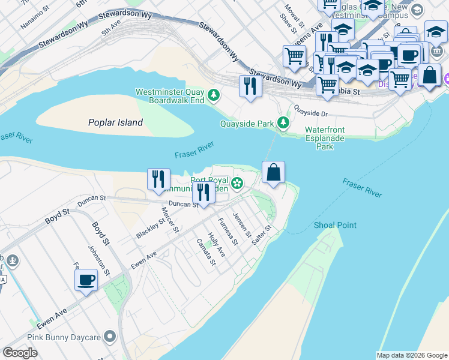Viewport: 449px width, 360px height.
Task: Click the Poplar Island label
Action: pyautogui.click(x=115, y=122)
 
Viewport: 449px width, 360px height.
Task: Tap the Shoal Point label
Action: pyautogui.click(x=335, y=225)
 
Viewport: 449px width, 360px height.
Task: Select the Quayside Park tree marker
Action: pyautogui.click(x=283, y=124)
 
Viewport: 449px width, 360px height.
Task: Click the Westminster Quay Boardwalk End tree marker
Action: pyautogui.click(x=213, y=95)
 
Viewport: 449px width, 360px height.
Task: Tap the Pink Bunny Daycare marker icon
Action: pyautogui.click(x=109, y=337)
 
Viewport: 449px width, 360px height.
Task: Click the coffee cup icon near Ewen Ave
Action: pyautogui.click(x=86, y=280)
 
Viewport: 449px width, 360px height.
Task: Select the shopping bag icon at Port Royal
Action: pyautogui.click(x=273, y=173)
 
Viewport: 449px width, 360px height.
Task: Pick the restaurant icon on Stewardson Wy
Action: pyautogui.click(x=250, y=86)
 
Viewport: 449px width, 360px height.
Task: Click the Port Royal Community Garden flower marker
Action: pyautogui.click(x=238, y=183)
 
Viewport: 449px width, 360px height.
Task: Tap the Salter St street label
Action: pyautogui.click(x=262, y=234)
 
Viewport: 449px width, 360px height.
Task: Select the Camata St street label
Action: pyautogui.click(x=206, y=253)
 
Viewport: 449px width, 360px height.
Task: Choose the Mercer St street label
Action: pyautogui.click(x=170, y=220)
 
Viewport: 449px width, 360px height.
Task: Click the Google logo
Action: pyautogui.click(x=20, y=353)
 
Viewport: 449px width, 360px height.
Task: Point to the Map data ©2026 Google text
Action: pyautogui.click(x=411, y=355)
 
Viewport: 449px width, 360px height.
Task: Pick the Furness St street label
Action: pyautogui.click(x=228, y=232)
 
